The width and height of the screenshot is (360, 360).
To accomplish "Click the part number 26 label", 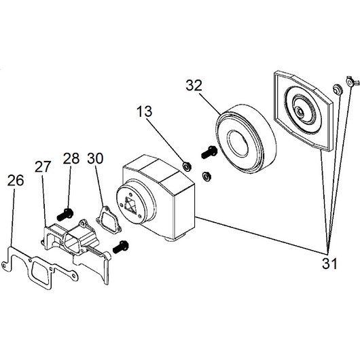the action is [16, 181].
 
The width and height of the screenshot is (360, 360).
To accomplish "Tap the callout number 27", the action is [43, 166].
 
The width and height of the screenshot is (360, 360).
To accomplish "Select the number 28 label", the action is [71, 158].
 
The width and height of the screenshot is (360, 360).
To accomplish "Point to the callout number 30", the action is [95, 158].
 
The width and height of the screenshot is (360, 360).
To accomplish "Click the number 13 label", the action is [144, 111].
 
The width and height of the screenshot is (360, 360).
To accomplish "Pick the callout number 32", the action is [194, 85].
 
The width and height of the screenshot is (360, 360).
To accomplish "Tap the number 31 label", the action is [329, 264].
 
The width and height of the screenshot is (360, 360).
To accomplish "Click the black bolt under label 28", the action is [65, 215].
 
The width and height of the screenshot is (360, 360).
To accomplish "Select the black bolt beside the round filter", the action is [209, 152].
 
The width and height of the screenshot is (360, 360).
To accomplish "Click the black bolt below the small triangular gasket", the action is [121, 247].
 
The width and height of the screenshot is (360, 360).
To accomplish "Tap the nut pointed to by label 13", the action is [186, 166].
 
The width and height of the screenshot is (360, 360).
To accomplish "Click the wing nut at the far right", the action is [352, 81].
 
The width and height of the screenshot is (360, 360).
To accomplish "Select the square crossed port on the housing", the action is [130, 205].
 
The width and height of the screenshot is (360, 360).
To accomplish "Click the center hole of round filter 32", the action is [238, 143].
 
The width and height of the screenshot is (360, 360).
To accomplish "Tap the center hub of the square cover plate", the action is [300, 111].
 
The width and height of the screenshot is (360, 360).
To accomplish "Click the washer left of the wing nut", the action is [338, 89].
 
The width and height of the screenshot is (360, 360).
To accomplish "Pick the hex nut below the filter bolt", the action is [206, 177].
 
